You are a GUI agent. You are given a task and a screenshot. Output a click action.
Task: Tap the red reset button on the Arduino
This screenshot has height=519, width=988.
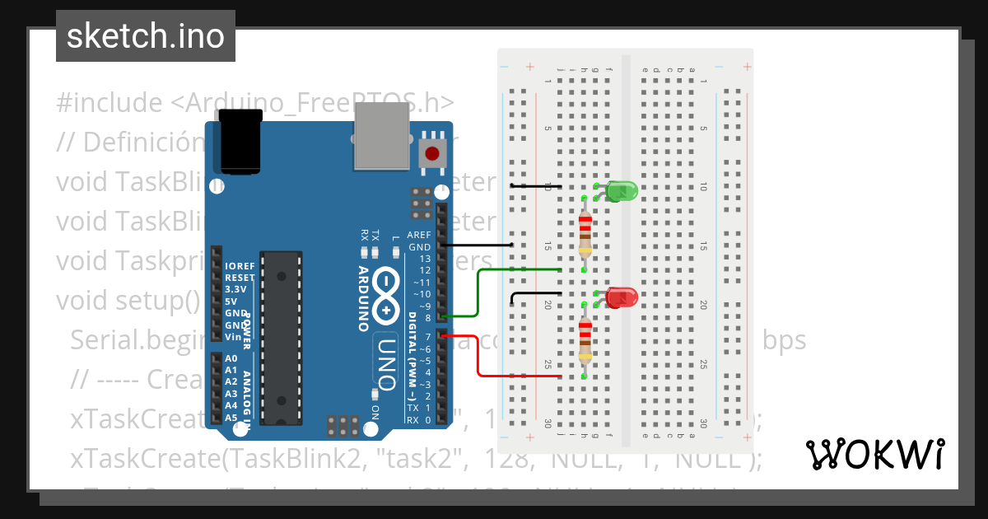click(x=432, y=152)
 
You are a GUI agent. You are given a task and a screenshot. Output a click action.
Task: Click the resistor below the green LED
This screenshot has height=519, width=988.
click(x=585, y=233)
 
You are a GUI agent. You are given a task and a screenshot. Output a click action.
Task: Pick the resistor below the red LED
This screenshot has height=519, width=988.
click(x=585, y=340)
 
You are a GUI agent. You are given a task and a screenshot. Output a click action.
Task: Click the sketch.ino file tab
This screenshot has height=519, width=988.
click(x=145, y=36)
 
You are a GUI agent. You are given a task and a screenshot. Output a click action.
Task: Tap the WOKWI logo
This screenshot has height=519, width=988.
click(x=874, y=454)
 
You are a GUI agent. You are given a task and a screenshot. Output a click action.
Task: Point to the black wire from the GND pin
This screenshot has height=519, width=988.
click(x=478, y=245)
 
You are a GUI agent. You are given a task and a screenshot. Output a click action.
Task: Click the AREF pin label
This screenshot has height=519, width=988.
click(x=419, y=235)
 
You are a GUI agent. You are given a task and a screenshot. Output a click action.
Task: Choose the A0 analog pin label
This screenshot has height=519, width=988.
click(x=231, y=359)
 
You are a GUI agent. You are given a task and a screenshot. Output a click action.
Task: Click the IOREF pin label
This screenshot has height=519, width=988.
click(x=240, y=266)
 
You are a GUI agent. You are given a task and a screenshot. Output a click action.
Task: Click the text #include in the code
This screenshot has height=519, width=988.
click(x=110, y=103)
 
